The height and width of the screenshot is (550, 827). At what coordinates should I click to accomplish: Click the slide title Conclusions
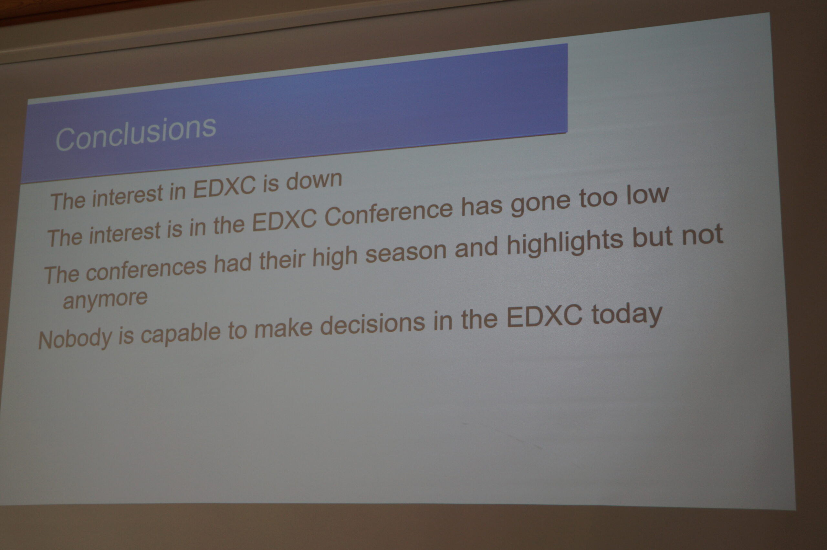tap(136, 133)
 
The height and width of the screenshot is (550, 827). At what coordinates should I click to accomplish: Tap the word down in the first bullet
tap(314, 180)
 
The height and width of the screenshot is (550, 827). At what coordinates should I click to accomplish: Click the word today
tap(627, 315)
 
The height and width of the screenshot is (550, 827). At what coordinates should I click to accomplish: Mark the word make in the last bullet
tap(283, 329)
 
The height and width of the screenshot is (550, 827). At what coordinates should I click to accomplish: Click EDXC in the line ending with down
tap(225, 187)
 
